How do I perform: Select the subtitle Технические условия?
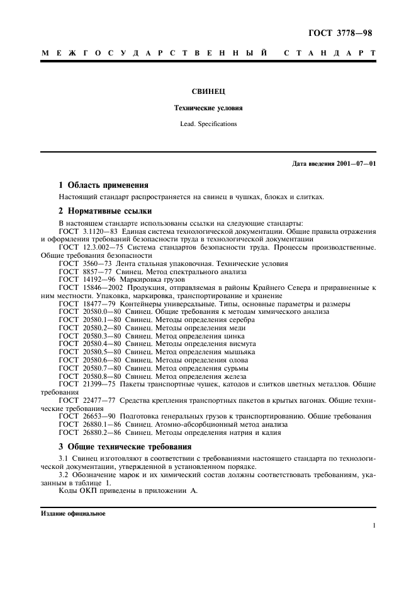(208, 108)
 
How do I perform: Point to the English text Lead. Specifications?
(208, 124)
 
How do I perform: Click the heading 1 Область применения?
(103, 185)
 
